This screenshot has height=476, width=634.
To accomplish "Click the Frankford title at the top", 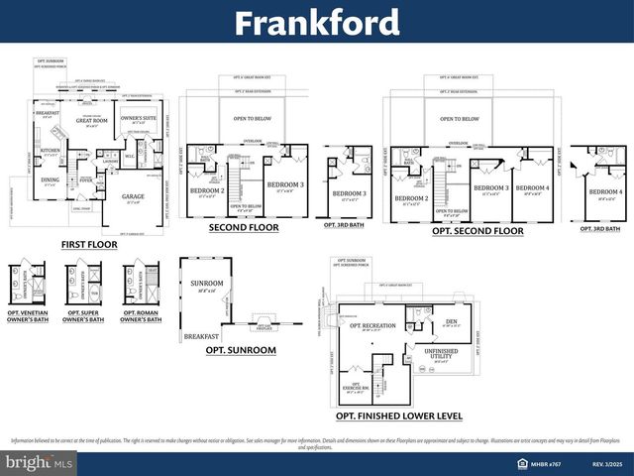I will (317, 22).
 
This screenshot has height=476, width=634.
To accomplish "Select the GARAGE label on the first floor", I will (133, 196).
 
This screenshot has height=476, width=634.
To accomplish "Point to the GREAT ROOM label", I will (91, 121).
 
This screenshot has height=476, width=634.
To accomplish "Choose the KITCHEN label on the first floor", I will (51, 151).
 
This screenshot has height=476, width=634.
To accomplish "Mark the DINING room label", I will (50, 179).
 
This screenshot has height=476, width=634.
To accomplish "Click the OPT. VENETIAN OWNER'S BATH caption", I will (26, 316).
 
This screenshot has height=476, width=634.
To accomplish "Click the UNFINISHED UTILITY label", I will (440, 353).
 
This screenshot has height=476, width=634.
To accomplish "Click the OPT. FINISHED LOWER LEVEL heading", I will (399, 416).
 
